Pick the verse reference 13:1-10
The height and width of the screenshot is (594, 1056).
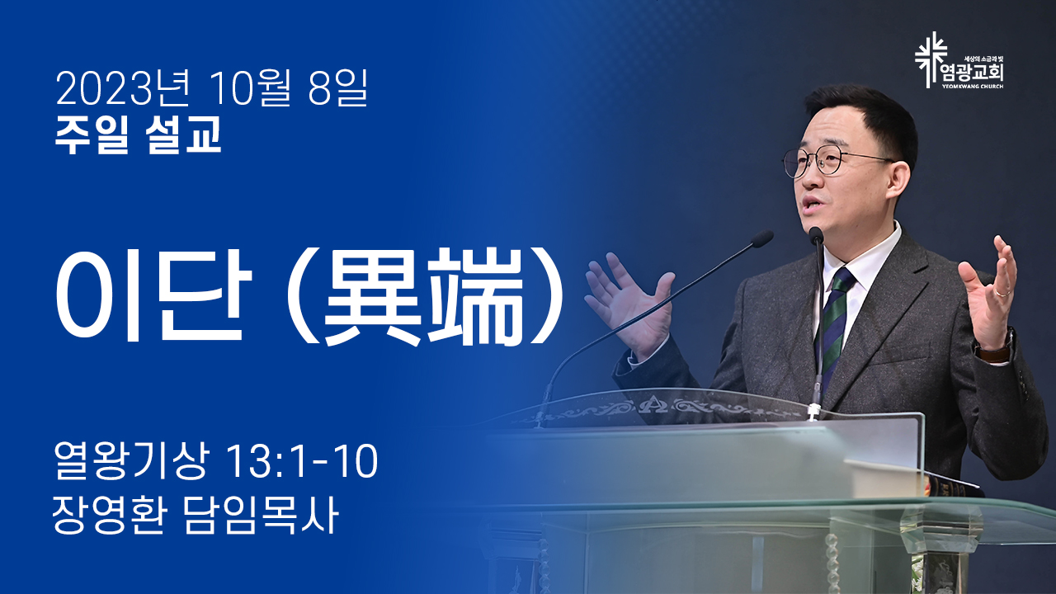302,460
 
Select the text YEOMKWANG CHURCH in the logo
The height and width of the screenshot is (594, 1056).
972,87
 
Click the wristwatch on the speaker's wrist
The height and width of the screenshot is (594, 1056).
995,346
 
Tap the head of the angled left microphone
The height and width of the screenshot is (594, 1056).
762,238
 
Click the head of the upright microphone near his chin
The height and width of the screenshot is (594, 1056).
816,236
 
